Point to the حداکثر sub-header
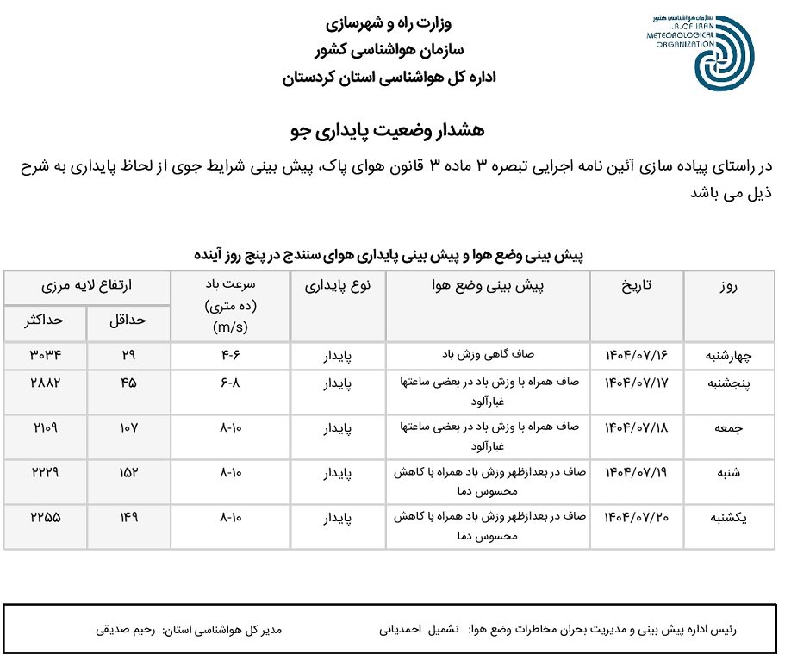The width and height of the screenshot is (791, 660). pyautogui.click(x=45, y=320)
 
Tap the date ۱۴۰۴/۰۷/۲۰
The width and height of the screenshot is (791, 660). pyautogui.click(x=637, y=517)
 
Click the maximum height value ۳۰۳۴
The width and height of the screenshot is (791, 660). pyautogui.click(x=45, y=354)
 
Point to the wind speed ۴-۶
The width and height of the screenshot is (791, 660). pyautogui.click(x=230, y=354)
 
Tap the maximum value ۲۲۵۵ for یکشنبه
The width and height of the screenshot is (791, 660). pyautogui.click(x=45, y=517)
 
